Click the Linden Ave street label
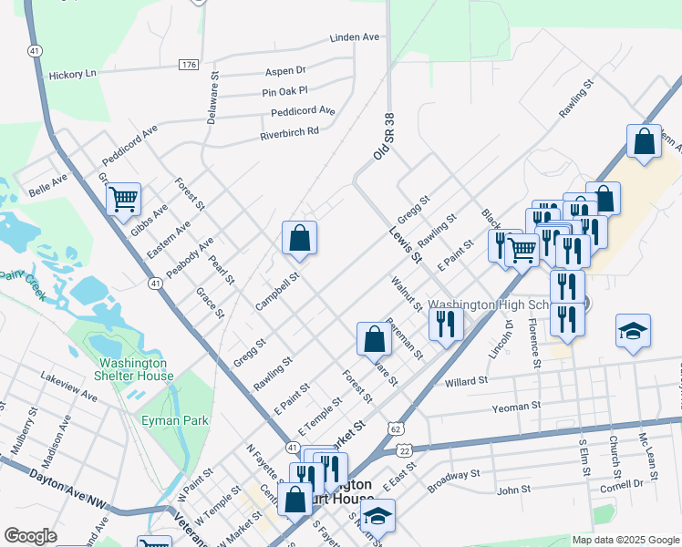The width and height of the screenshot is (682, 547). [354, 38]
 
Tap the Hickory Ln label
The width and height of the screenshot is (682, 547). [72, 74]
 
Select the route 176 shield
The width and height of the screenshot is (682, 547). [189, 65]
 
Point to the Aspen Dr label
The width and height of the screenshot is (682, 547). [284, 70]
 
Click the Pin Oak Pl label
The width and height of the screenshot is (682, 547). [284, 91]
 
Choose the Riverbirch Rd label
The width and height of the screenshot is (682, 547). [289, 131]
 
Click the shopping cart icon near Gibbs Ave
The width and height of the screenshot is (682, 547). [123, 198]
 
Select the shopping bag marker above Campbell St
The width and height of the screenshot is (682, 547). [299, 238]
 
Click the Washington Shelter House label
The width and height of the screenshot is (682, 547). [136, 369]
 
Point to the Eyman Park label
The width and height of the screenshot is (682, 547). [175, 420]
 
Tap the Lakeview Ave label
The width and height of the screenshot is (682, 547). [68, 386]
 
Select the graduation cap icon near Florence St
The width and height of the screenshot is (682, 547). [633, 332]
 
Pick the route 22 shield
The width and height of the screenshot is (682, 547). [405, 450]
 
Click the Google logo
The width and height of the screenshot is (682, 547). [30, 536]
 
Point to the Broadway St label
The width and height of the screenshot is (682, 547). [453, 475]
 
